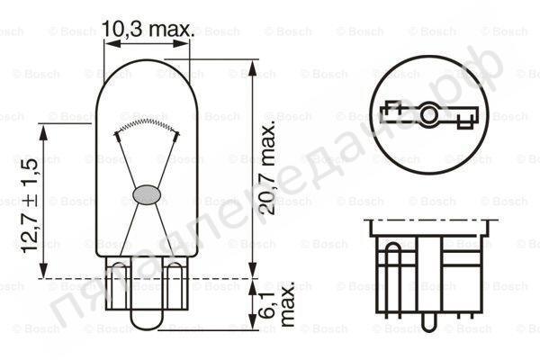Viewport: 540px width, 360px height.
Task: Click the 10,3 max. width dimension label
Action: (x=148, y=30)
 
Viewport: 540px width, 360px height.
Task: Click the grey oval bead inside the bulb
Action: (x=146, y=193)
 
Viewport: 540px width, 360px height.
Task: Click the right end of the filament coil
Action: (x=175, y=133)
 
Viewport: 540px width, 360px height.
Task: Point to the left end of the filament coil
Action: (x=116, y=133)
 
